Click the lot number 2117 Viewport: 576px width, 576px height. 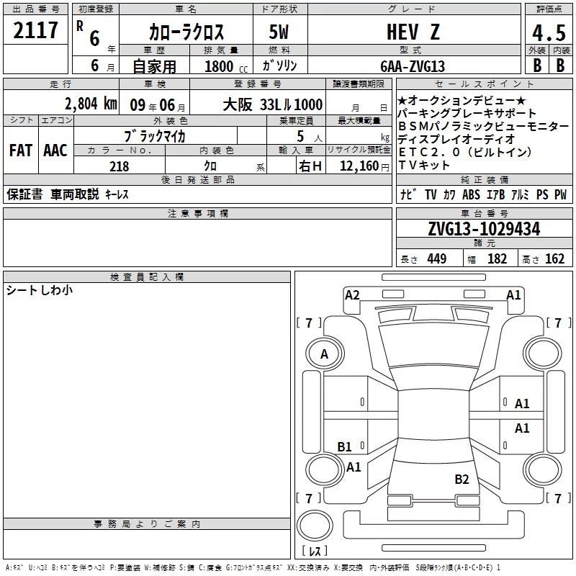[x=35, y=30]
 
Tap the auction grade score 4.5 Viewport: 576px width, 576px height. [x=549, y=32]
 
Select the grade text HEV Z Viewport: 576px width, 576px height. [x=413, y=32]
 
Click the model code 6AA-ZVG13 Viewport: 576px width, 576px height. [x=413, y=66]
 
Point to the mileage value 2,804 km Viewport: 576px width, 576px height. [x=91, y=104]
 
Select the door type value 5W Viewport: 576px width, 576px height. [x=279, y=32]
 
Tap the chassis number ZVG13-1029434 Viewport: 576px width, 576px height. [x=484, y=229]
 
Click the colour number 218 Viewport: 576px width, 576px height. [x=120, y=166]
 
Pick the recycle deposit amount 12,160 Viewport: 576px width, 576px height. [x=359, y=166]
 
